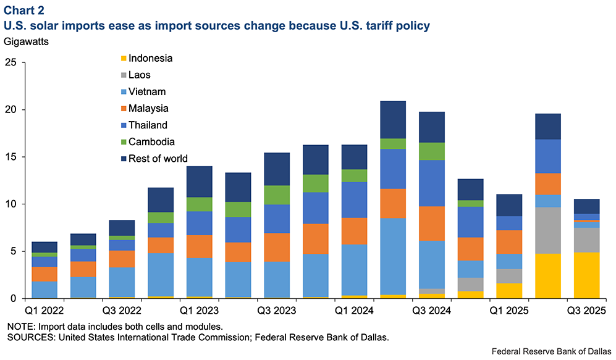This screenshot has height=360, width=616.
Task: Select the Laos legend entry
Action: tap(139, 75)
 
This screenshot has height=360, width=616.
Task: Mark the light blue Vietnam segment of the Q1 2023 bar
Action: tap(198, 277)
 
